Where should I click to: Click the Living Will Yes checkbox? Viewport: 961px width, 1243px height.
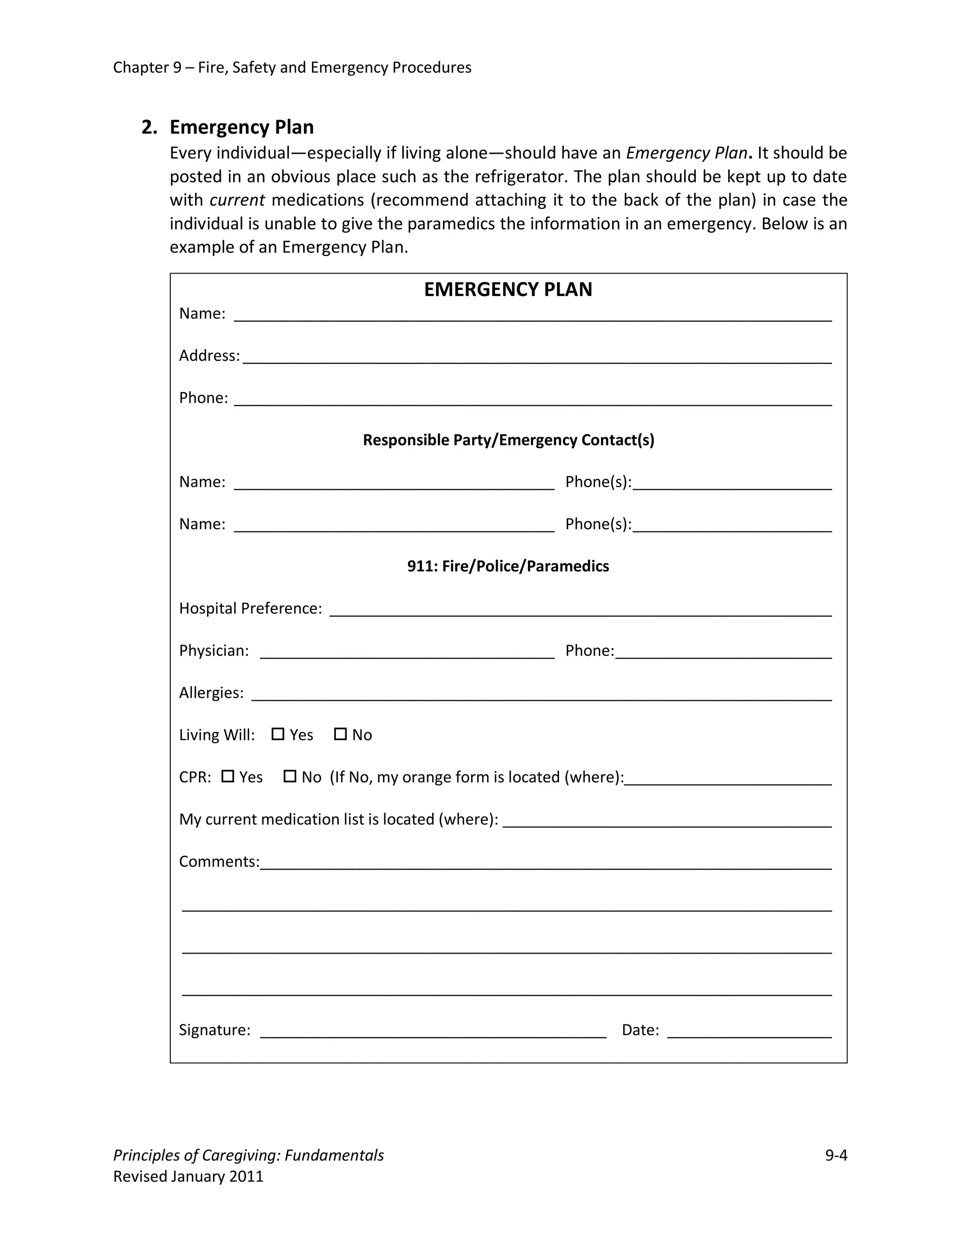click(278, 734)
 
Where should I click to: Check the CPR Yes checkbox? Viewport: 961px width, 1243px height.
click(228, 776)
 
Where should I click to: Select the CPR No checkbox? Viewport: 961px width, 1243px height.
click(290, 776)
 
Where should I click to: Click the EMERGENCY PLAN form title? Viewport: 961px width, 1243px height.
click(508, 290)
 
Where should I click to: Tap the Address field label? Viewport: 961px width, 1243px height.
click(209, 356)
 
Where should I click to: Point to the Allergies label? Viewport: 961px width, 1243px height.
click(211, 693)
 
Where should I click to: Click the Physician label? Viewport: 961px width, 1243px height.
click(214, 651)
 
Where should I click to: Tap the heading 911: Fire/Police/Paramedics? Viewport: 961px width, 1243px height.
click(508, 566)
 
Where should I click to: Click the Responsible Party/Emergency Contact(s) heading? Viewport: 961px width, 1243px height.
click(508, 440)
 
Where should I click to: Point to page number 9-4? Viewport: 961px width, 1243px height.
click(836, 1155)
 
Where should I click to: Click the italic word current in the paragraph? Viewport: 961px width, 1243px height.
click(237, 200)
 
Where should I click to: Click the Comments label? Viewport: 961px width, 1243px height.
click(219, 862)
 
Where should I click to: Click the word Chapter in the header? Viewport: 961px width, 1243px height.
click(140, 68)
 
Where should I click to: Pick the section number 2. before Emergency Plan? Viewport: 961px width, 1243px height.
click(149, 128)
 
